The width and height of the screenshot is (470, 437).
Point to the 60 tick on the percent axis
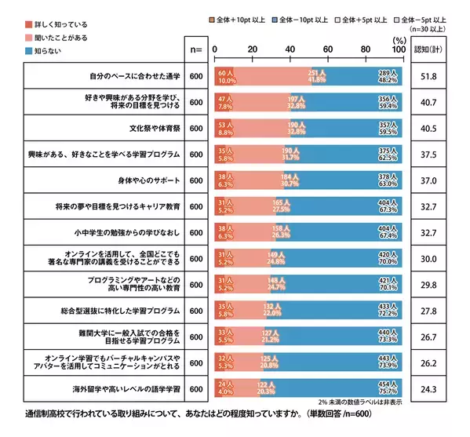tap(328, 49)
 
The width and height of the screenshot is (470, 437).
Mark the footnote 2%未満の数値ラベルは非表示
tap(350, 402)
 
